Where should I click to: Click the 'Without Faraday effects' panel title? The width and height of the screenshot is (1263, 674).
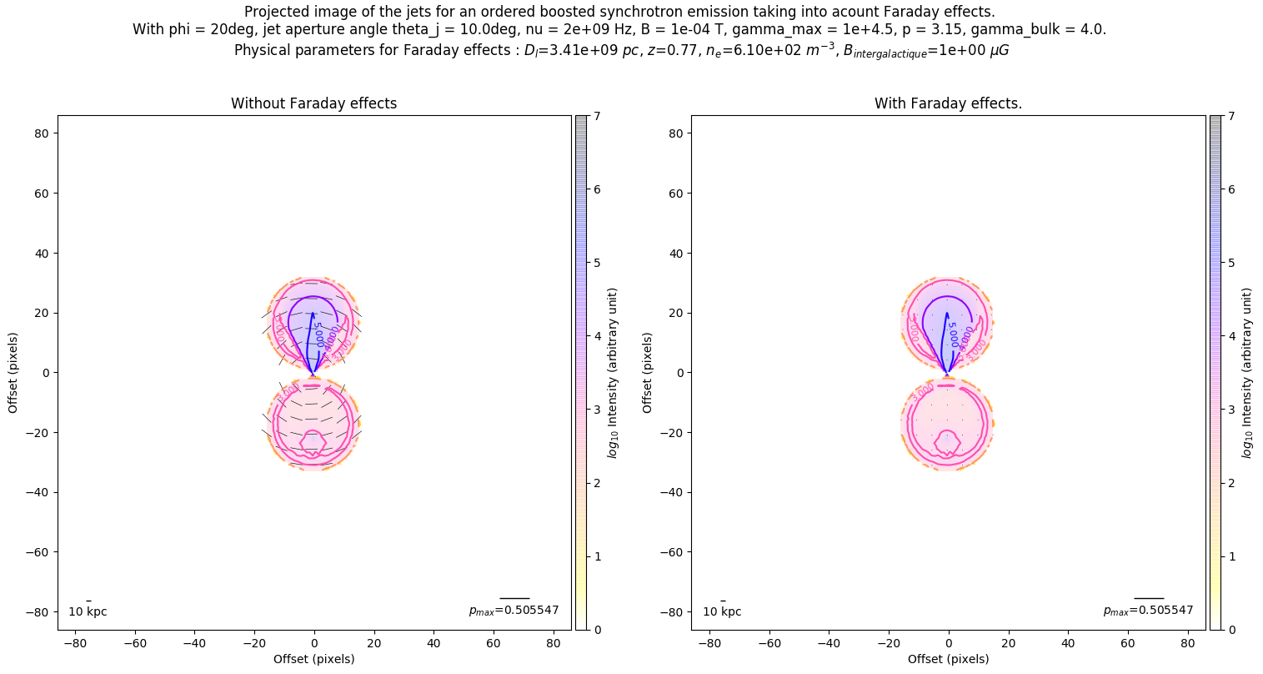point(313,103)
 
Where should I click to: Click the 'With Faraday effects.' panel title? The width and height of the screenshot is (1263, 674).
point(948,103)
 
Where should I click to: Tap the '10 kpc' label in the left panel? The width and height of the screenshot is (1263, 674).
point(88,611)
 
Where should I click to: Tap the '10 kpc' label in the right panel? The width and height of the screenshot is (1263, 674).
point(722,611)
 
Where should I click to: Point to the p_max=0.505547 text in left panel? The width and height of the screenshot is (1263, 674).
point(514,611)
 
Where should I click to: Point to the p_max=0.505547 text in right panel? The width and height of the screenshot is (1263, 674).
point(1148,611)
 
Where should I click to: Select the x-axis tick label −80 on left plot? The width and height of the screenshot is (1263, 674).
point(75,643)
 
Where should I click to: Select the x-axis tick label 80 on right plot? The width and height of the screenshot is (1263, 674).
point(1187,643)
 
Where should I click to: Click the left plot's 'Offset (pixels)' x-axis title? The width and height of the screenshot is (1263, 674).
point(313,659)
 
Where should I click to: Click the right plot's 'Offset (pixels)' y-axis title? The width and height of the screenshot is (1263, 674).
point(648,373)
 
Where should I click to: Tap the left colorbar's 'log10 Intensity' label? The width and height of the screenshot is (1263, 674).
point(613,373)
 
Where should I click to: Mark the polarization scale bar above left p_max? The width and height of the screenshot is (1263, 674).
point(514,598)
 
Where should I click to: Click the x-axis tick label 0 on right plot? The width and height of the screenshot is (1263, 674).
point(949,643)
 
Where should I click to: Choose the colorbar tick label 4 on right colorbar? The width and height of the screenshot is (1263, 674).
point(1230,336)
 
